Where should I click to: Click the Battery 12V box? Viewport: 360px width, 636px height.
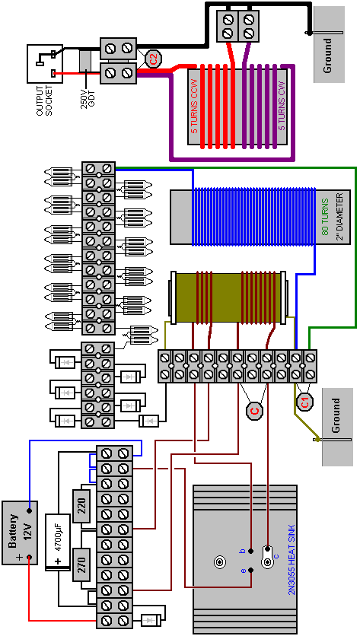tap(20, 533)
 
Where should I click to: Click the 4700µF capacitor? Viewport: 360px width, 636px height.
tap(58, 542)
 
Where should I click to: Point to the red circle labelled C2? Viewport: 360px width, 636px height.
tap(153, 59)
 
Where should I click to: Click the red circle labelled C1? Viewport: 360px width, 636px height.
tap(304, 402)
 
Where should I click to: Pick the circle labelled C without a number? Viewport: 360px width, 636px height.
tap(254, 411)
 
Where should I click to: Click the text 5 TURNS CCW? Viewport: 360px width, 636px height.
tap(194, 107)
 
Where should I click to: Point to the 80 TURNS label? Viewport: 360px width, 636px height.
tap(325, 217)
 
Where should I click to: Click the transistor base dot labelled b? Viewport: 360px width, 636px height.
tap(251, 551)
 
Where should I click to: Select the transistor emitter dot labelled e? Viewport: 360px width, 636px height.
tap(251, 571)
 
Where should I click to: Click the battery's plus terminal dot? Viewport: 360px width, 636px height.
tap(29, 558)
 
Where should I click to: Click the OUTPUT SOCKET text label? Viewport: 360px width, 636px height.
tap(45, 100)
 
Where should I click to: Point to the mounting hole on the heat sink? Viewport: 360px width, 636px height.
tap(219, 562)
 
